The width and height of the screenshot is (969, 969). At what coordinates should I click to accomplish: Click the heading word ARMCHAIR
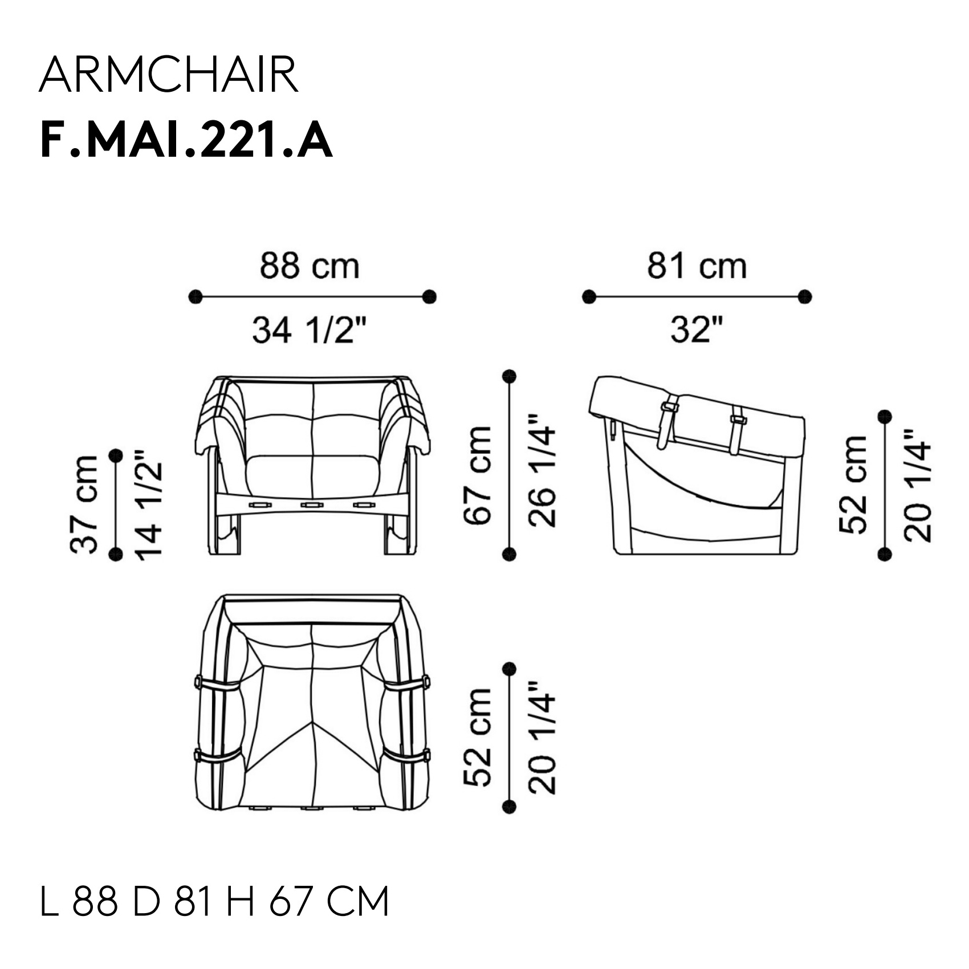tap(169, 75)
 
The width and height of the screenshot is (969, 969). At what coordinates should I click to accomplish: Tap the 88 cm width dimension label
tap(310, 266)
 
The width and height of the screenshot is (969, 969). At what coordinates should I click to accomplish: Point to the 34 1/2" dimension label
tap(310, 331)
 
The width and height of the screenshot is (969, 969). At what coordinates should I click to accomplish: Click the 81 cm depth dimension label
tap(697, 266)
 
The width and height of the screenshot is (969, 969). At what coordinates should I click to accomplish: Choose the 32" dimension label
tap(697, 331)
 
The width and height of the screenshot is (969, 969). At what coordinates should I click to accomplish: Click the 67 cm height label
tap(478, 475)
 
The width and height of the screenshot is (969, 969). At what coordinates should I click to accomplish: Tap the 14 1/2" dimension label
tap(148, 504)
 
